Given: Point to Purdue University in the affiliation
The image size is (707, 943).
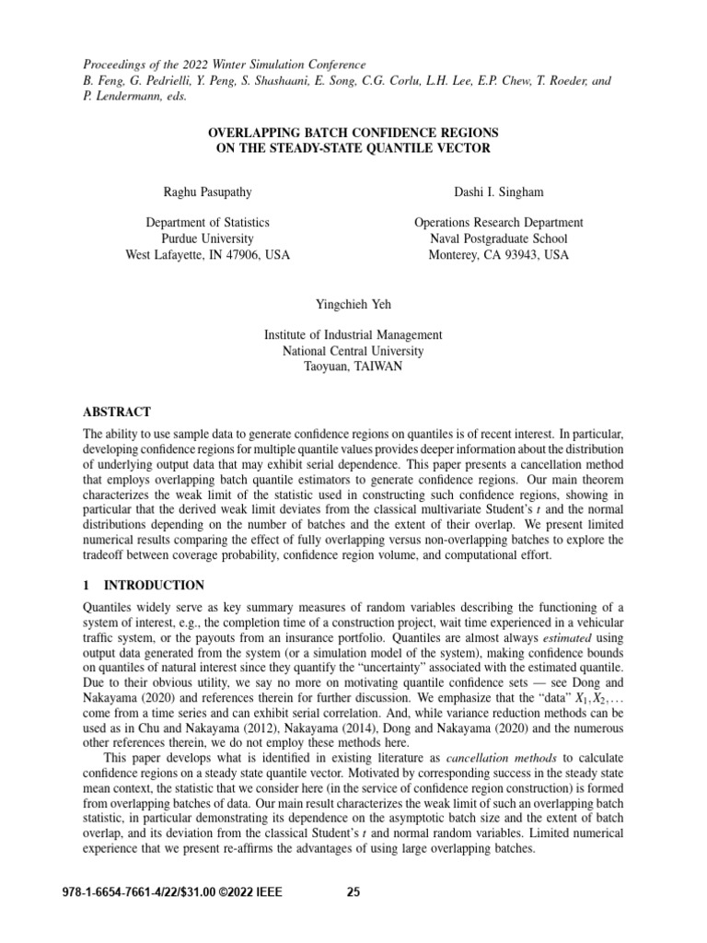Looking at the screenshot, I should click(207, 239).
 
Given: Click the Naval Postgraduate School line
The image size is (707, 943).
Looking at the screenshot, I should click(498, 239).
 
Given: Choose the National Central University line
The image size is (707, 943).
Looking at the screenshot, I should click(353, 351).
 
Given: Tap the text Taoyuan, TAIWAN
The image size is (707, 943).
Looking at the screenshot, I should click(353, 367).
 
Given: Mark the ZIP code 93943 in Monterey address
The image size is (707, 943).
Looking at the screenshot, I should click(520, 255).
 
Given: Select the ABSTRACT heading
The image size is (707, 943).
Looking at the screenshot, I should click(117, 412).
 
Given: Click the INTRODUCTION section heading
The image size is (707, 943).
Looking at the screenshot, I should click(153, 585).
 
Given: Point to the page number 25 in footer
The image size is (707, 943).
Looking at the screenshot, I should click(353, 891).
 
